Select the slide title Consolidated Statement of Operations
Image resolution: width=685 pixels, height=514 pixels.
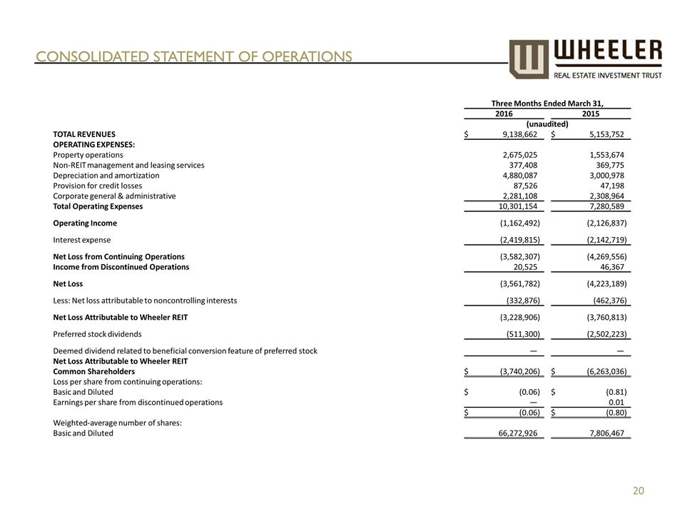[x=194, y=56]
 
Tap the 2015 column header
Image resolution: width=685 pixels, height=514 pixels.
[x=590, y=114]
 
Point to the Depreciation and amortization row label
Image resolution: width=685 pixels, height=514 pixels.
[x=106, y=175]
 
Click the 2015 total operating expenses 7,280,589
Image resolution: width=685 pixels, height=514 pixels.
[x=602, y=206]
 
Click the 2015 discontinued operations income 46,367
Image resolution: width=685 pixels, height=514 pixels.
[x=609, y=266]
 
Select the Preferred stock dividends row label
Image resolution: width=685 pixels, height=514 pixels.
[x=97, y=333]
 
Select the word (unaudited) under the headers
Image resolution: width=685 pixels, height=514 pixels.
[x=547, y=124]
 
